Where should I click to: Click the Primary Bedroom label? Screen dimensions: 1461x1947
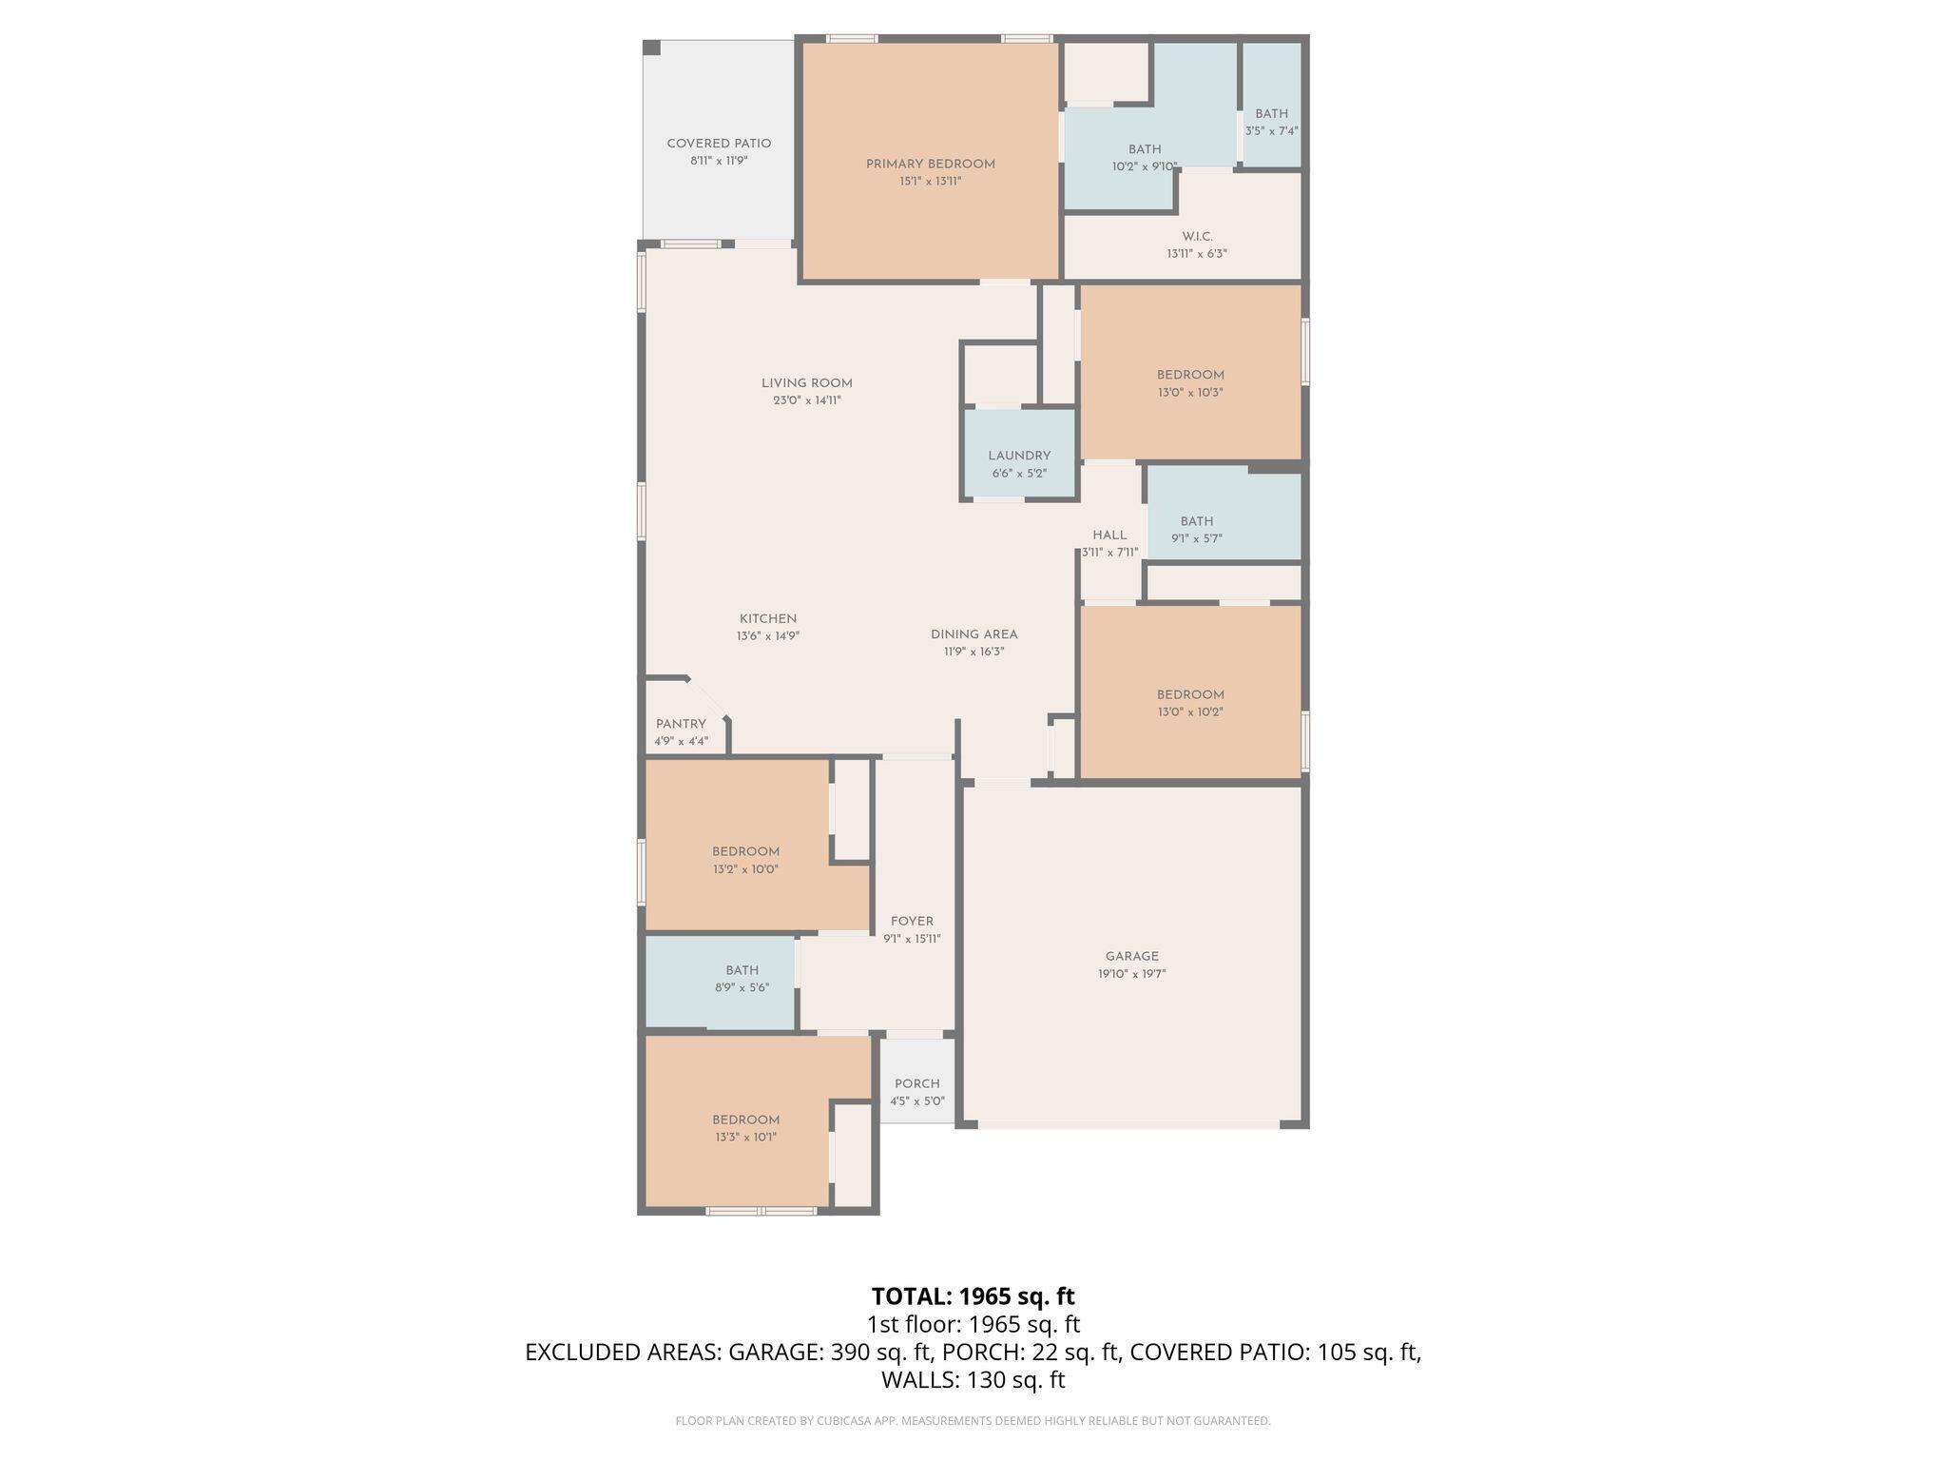pyautogui.click(x=930, y=165)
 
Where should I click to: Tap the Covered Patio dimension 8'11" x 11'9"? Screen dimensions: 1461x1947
pyautogui.click(x=719, y=162)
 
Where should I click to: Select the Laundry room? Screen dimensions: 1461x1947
pyautogui.click(x=1019, y=456)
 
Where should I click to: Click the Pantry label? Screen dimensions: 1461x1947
pyautogui.click(x=681, y=724)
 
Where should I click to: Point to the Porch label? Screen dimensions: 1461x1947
pyautogui.click(x=916, y=1083)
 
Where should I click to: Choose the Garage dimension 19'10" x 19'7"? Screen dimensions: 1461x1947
pyautogui.click(x=1131, y=974)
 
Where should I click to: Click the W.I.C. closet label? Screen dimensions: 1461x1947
pyautogui.click(x=1197, y=237)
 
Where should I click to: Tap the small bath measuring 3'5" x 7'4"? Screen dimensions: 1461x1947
pyautogui.click(x=1271, y=114)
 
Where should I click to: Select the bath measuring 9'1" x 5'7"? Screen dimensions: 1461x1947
pyautogui.click(x=1196, y=521)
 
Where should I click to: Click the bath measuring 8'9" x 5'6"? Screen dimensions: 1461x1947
pyautogui.click(x=742, y=970)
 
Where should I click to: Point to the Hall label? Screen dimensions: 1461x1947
pyautogui.click(x=1108, y=535)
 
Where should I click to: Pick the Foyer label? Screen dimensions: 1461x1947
pyautogui.click(x=912, y=921)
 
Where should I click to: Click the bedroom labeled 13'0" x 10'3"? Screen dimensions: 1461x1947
pyautogui.click(x=1189, y=375)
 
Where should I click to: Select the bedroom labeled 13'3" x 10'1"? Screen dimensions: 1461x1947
pyautogui.click(x=745, y=1120)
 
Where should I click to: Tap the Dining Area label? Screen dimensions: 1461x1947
pyautogui.click(x=973, y=634)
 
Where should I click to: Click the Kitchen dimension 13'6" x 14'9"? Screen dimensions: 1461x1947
pyautogui.click(x=767, y=636)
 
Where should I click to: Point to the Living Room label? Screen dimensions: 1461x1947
pyautogui.click(x=806, y=383)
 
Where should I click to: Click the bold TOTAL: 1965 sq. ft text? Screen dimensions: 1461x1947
pyautogui.click(x=973, y=1296)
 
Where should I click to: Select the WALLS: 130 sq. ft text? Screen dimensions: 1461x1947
pyautogui.click(x=973, y=1380)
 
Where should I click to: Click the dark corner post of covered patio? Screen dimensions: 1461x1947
pyautogui.click(x=651, y=48)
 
